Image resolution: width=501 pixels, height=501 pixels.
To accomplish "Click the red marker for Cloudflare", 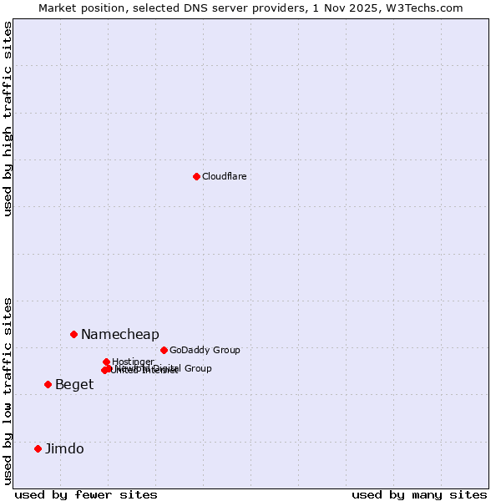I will tap(196, 176).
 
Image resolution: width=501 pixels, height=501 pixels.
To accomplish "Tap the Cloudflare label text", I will tap(224, 176).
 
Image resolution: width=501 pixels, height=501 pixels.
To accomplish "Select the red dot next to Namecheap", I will tap(73, 334).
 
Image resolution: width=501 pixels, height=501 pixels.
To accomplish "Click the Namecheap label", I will tap(119, 335).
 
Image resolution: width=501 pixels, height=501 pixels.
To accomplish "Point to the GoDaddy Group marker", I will tap(164, 350).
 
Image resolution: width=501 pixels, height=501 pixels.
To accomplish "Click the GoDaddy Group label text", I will tap(205, 350).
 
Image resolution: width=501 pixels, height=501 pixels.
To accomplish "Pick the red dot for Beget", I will tap(48, 384).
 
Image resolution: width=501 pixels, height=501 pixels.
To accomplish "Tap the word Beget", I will tap(74, 385).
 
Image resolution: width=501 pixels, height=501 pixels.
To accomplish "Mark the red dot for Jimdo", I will tap(38, 448).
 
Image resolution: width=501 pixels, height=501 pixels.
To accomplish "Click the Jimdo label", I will tap(64, 449).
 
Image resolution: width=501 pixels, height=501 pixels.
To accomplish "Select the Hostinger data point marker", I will tap(106, 362).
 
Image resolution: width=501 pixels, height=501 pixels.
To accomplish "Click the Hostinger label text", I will tap(133, 362).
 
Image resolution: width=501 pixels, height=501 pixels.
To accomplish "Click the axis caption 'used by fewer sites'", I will tap(86, 494).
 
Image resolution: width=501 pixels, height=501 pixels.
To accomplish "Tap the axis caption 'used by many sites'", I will tap(419, 494).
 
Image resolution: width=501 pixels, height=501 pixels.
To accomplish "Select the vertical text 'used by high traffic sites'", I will tap(8, 119).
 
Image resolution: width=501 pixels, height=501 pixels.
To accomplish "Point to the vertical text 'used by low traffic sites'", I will tap(8, 390).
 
